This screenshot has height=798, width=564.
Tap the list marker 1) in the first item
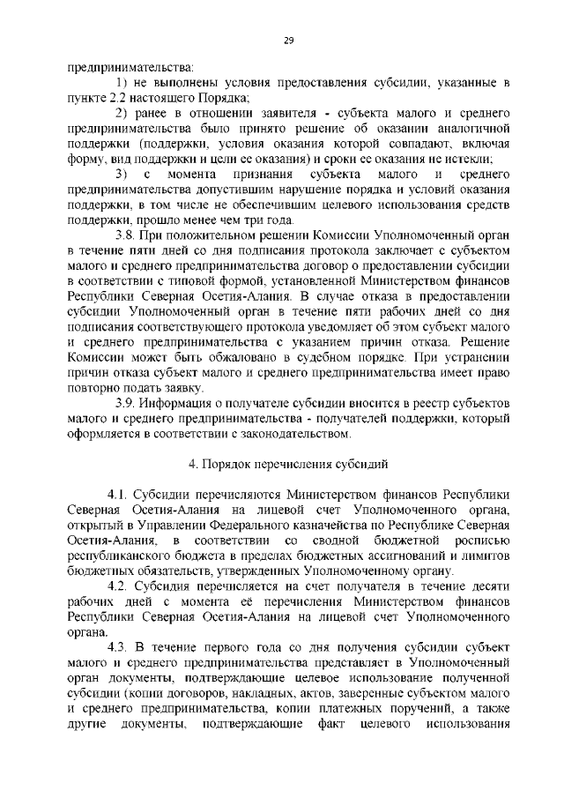[x=123, y=82]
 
